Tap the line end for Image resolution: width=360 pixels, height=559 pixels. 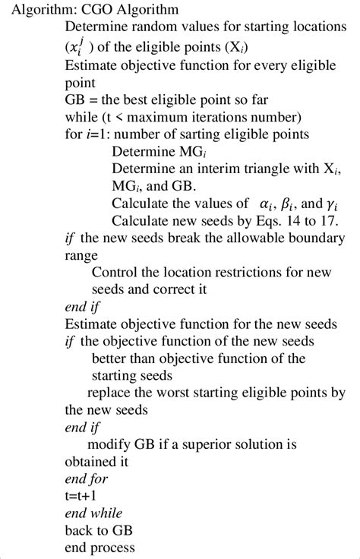click(87, 479)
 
